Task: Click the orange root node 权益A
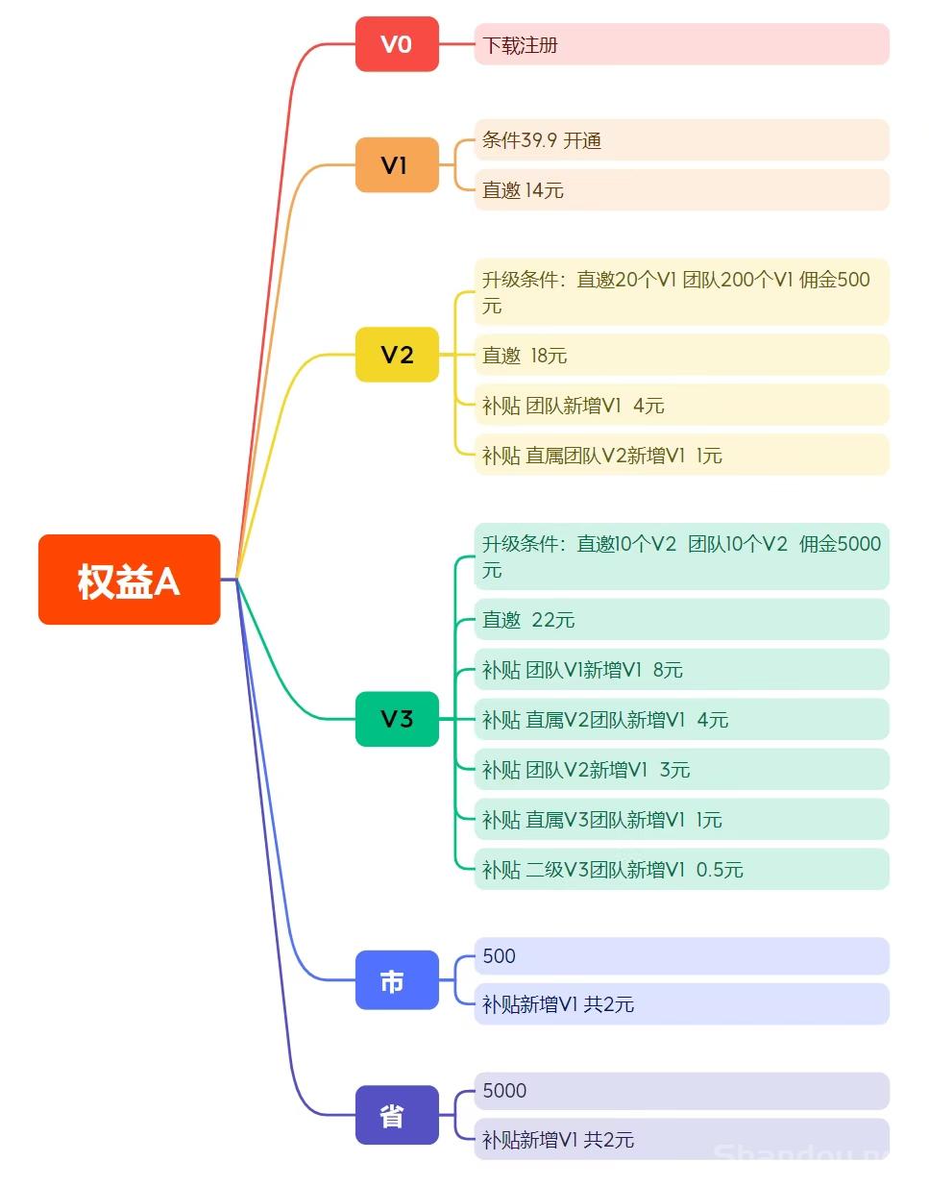[x=130, y=580]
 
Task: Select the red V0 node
[x=397, y=44]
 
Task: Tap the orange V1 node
[x=397, y=164]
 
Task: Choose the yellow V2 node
[x=397, y=355]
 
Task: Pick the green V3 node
[x=397, y=719]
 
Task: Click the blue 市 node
[x=397, y=979]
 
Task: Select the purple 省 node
[x=397, y=1115]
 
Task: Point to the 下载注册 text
[x=520, y=45]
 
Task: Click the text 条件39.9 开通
[x=542, y=140]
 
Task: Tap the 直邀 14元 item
[x=523, y=190]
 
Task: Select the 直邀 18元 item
[x=525, y=356]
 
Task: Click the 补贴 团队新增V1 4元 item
[x=573, y=406]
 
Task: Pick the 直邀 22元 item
[x=528, y=620]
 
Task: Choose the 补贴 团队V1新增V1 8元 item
[x=582, y=670]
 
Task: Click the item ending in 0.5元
[x=612, y=870]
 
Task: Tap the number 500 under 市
[x=500, y=955]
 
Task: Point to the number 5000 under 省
[x=504, y=1091]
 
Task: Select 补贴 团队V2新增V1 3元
[x=586, y=770]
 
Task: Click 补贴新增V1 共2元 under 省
[x=558, y=1140]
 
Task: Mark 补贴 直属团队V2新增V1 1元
[x=601, y=456]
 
